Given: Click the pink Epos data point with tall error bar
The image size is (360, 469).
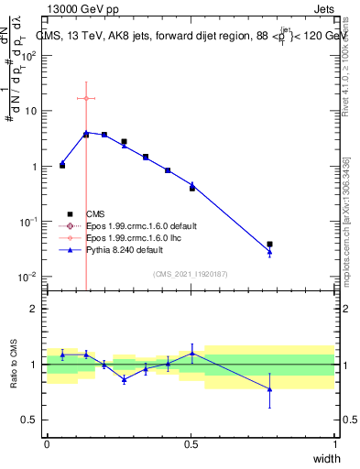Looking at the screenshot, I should (x=86, y=98).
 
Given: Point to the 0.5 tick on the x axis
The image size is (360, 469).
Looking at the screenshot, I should (x=191, y=444).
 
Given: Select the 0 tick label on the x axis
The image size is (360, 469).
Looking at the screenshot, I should (x=48, y=444).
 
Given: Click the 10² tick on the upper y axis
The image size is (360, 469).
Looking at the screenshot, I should (x=30, y=56).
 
